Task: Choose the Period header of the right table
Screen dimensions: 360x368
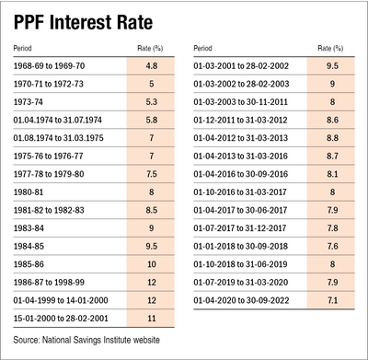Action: pos(207,48)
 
